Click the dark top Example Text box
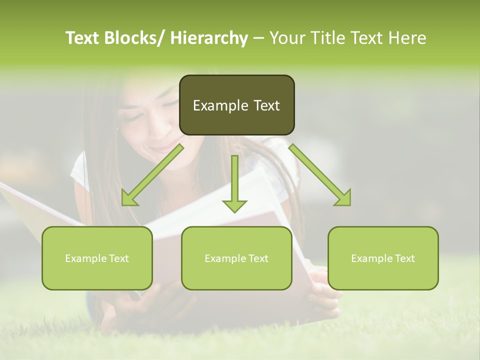tap(236, 105)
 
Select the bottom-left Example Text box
tap(97, 258)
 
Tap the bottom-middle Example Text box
tap(236, 258)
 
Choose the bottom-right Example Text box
tap(383, 258)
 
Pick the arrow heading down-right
tap(320, 175)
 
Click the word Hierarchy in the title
tap(208, 38)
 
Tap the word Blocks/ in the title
tap(135, 38)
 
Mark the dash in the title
tap(258, 38)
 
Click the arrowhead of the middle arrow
tap(234, 205)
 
